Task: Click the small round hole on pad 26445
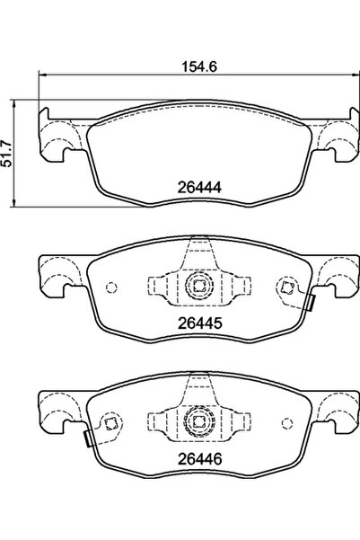click(x=111, y=288)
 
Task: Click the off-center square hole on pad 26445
click(x=286, y=288)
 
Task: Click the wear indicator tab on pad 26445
click(x=310, y=303)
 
